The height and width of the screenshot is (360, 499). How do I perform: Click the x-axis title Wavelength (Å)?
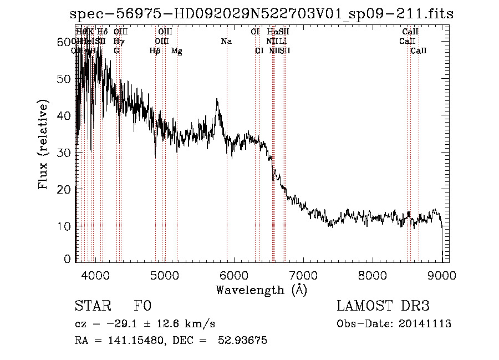(x=261, y=290)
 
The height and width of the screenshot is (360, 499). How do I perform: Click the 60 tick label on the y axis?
(x=65, y=42)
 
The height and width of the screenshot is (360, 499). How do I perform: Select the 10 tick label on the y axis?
(x=65, y=226)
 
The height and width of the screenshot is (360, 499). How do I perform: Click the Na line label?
(x=226, y=41)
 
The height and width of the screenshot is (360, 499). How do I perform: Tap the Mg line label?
(x=177, y=51)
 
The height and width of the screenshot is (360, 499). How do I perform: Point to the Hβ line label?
(x=155, y=51)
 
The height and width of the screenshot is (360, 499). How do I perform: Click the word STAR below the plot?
(x=91, y=306)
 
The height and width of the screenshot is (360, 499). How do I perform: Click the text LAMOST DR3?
(x=383, y=306)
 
